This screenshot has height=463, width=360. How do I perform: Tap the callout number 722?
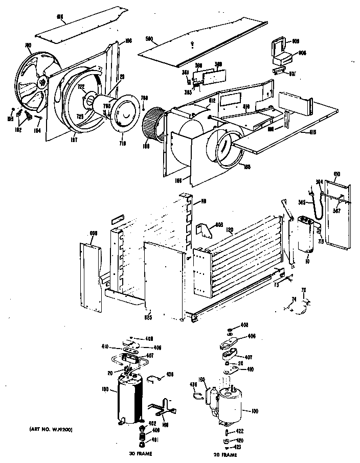click(81, 86)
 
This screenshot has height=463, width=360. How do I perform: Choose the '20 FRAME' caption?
click(225, 454)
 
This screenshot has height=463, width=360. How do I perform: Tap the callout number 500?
click(150, 39)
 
